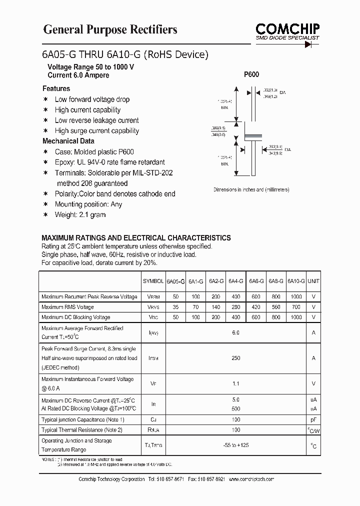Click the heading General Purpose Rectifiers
click(x=110, y=30)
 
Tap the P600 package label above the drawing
click(x=251, y=74)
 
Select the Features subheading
click(x=56, y=88)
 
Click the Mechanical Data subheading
click(x=68, y=141)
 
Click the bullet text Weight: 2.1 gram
click(x=80, y=214)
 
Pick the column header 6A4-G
click(x=235, y=281)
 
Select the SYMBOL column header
click(x=152, y=281)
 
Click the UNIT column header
click(x=313, y=281)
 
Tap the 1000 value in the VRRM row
click(x=296, y=296)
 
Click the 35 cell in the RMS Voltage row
click(x=175, y=307)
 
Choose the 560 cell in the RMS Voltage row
click(x=275, y=307)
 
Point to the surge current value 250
click(x=235, y=358)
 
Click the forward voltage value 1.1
click(x=235, y=384)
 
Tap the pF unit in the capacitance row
click(x=313, y=420)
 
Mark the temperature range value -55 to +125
click(x=235, y=445)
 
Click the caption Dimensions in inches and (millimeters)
click(x=251, y=189)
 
